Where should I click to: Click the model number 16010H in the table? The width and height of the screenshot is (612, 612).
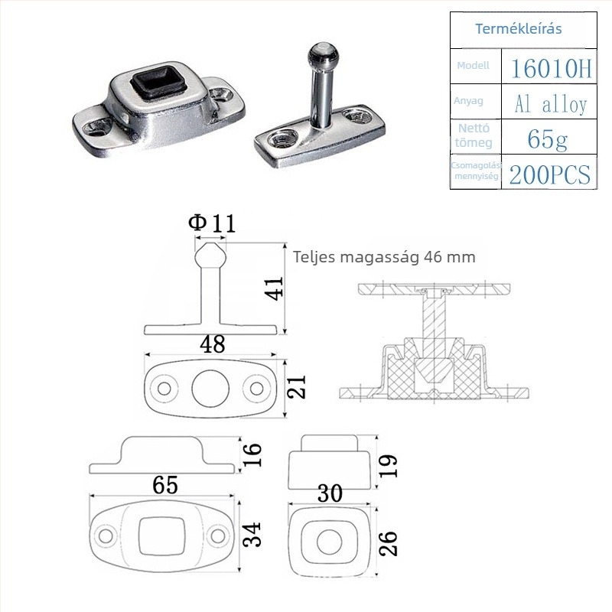tap(551, 67)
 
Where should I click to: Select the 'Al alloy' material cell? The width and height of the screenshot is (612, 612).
tap(551, 104)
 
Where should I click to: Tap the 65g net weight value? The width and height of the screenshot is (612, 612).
tap(547, 139)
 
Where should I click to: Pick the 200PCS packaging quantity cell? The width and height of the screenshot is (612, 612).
tap(549, 174)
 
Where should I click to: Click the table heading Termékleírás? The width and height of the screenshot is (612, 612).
tap(519, 29)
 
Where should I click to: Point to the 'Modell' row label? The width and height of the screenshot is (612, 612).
tap(473, 66)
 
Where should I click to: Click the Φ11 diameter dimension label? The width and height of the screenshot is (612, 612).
tap(212, 223)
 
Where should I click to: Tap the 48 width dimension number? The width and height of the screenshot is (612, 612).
tap(213, 343)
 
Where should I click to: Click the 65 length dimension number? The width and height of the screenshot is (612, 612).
tap(165, 485)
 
